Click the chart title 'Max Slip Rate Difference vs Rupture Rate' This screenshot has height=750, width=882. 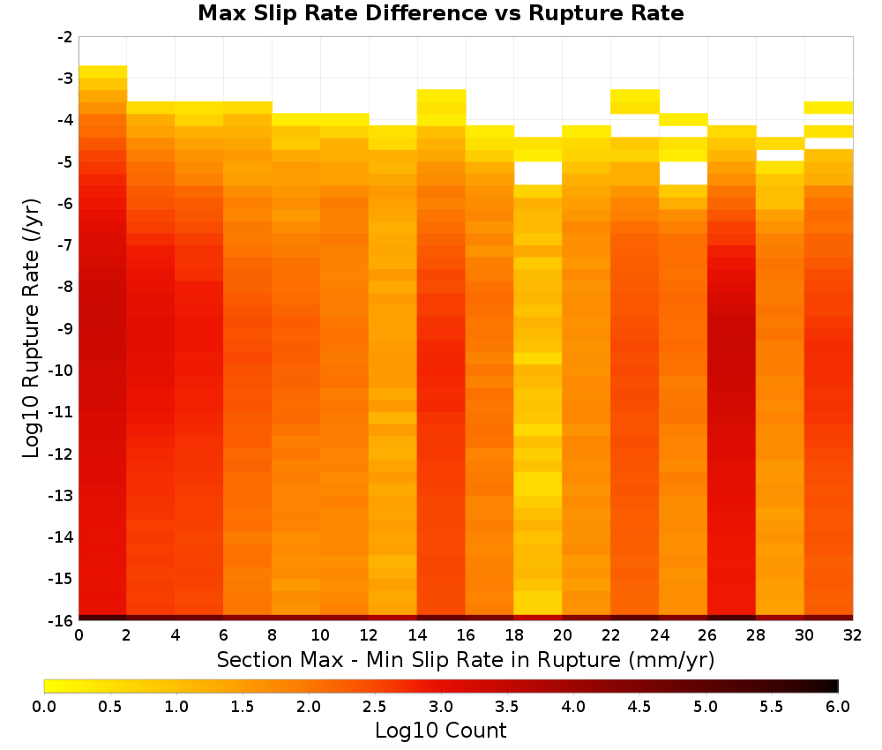pyautogui.click(x=440, y=13)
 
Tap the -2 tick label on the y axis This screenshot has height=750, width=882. pyautogui.click(x=64, y=37)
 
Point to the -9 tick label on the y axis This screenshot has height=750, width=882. pyautogui.click(x=64, y=328)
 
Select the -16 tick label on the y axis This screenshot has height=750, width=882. pyautogui.click(x=61, y=620)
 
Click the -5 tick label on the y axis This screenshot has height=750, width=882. pyautogui.click(x=64, y=162)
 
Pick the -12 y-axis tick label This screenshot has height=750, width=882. pyautogui.click(x=61, y=454)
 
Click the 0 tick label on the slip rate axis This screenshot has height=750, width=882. pyautogui.click(x=78, y=635)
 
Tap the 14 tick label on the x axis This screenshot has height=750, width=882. pyautogui.click(x=417, y=635)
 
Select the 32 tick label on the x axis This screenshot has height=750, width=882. pyautogui.click(x=853, y=635)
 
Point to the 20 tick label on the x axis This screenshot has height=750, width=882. pyautogui.click(x=562, y=635)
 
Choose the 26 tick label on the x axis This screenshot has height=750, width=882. pyautogui.click(x=707, y=635)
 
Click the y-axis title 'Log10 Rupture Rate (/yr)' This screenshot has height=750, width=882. pyautogui.click(x=31, y=328)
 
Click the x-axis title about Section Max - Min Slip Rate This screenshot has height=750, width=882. pyautogui.click(x=466, y=659)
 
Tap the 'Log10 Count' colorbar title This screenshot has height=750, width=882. pyautogui.click(x=440, y=731)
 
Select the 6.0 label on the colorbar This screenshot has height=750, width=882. pyautogui.click(x=838, y=707)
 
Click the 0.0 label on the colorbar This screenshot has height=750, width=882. pyautogui.click(x=44, y=707)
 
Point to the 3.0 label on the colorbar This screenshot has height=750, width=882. pyautogui.click(x=441, y=707)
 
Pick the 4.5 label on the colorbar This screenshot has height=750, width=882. pyautogui.click(x=639, y=707)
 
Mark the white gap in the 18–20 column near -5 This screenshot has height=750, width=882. pyautogui.click(x=538, y=173)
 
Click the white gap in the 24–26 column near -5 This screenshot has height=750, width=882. pyautogui.click(x=683, y=173)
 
